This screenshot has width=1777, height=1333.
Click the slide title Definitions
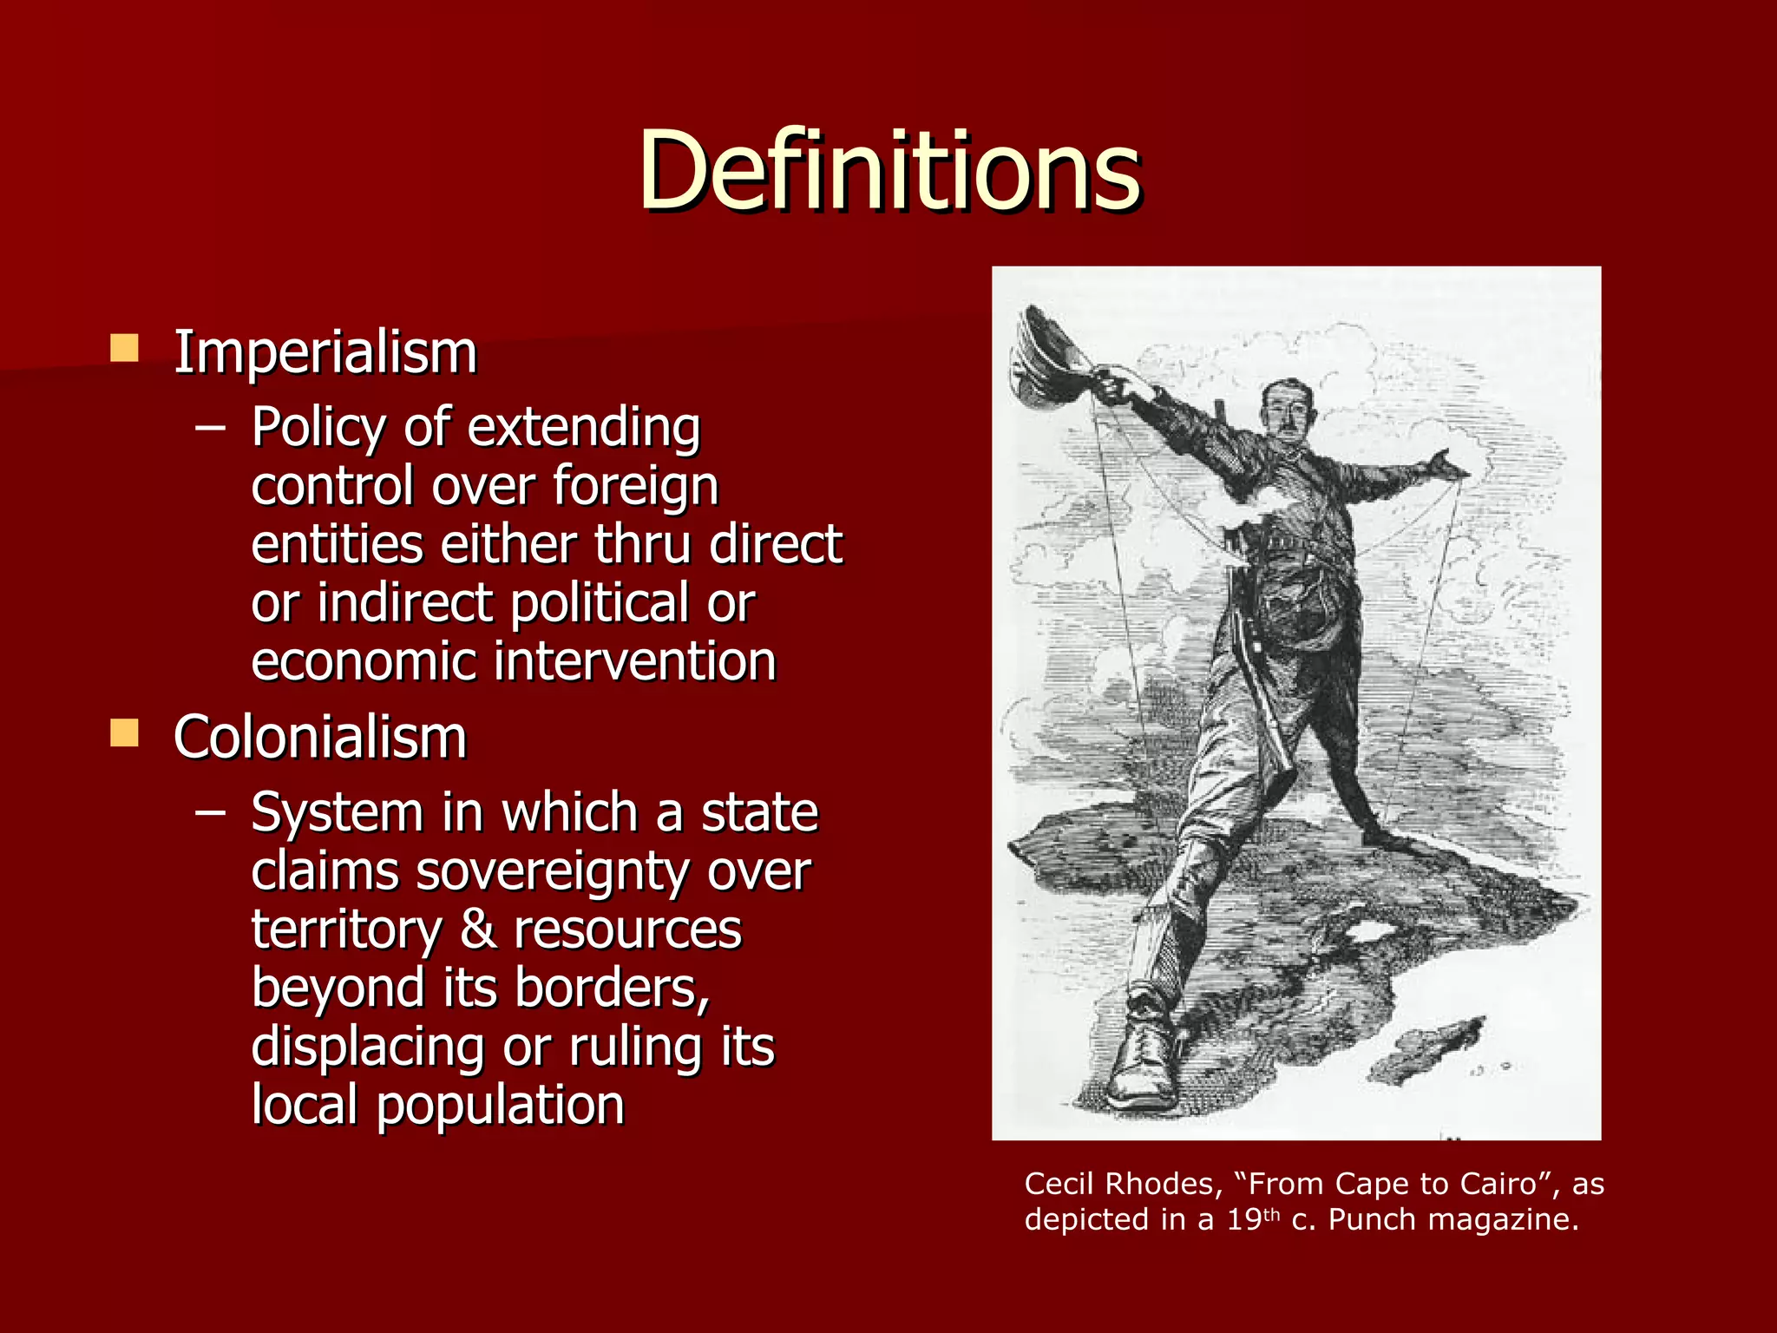point(890,170)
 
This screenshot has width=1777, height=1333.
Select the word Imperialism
point(325,352)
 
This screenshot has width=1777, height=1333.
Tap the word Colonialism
point(320,737)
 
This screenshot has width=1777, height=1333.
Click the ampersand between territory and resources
point(477,929)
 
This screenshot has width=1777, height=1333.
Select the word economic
point(364,661)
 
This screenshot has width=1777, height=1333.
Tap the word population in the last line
point(501,1106)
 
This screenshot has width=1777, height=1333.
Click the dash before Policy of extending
point(210,427)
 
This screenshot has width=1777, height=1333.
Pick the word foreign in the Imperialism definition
point(635,485)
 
